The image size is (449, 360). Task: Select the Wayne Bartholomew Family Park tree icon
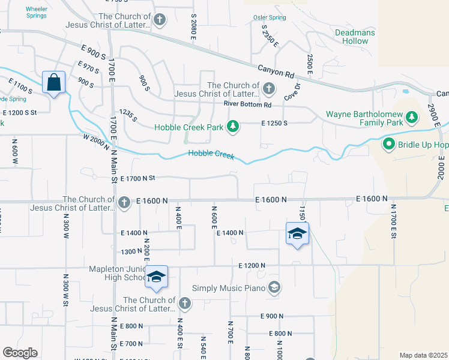[x=411, y=116]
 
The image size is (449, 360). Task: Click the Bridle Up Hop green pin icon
[x=388, y=145]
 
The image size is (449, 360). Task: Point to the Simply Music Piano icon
[x=274, y=288]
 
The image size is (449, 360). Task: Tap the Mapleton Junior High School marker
[x=156, y=277]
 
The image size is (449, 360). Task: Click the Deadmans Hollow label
[x=355, y=37]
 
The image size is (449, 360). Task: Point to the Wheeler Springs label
[x=37, y=12]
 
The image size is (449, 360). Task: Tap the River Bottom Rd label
[x=248, y=104]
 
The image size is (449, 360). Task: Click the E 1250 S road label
[x=274, y=123]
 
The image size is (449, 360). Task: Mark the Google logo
[x=20, y=353]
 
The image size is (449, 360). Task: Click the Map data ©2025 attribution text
[x=424, y=355]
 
